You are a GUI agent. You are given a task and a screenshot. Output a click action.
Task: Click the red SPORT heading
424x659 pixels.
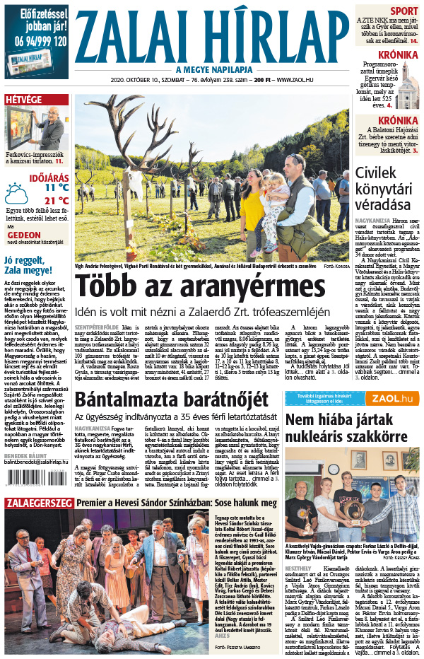click(x=404, y=11)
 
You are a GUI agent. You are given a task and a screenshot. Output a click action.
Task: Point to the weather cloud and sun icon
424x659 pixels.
click(x=16, y=193)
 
